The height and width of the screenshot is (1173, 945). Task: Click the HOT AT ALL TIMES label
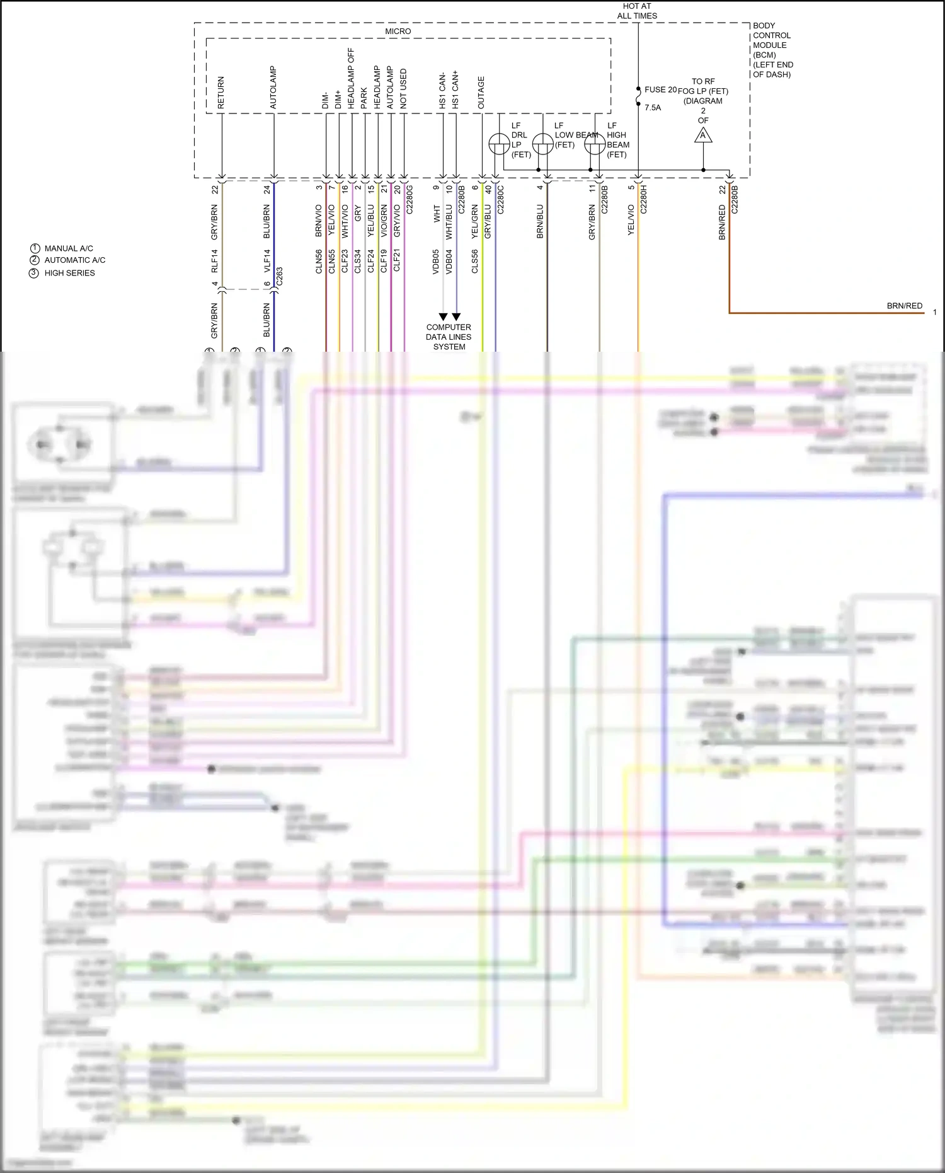coord(637,11)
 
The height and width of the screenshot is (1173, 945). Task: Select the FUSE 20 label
coord(660,90)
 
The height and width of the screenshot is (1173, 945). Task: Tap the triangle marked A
coord(703,135)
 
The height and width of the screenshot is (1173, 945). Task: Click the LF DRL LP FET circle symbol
coord(499,144)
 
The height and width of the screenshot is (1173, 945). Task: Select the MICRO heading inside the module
coord(398,31)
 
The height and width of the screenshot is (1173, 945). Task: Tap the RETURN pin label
coord(220,93)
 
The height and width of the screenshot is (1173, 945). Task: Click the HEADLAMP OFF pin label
coord(351,78)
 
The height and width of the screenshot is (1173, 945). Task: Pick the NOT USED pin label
coord(403,88)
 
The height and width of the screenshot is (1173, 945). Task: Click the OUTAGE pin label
coord(481,93)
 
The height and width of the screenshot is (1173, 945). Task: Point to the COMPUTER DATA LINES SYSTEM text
coord(449,337)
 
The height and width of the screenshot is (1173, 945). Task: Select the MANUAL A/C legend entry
coord(68,248)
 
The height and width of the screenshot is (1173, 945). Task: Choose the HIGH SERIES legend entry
coord(69,273)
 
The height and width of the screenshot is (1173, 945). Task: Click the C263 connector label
coord(279,276)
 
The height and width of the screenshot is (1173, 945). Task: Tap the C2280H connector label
coord(644,199)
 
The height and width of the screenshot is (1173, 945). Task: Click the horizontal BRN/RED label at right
coord(904,306)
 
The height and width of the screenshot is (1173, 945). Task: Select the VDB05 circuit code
coord(436,261)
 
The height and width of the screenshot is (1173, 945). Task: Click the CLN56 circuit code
coord(319,261)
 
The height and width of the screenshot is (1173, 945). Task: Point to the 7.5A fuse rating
coord(653,108)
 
